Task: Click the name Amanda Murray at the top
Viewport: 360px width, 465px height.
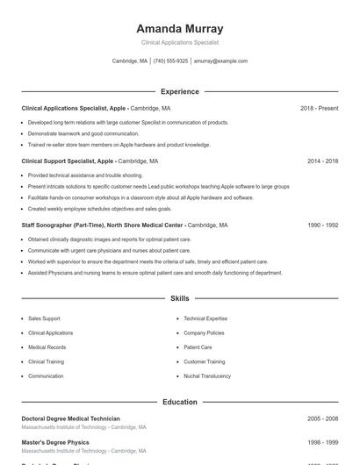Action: click(x=179, y=28)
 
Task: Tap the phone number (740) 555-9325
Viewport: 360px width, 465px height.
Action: click(x=170, y=61)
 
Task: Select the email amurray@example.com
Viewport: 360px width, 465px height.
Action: click(x=221, y=61)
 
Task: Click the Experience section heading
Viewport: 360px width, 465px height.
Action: click(x=179, y=91)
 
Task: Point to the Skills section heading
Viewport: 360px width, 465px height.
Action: click(x=179, y=299)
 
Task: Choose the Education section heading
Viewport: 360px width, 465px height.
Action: click(x=179, y=402)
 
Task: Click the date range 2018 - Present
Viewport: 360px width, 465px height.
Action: click(x=319, y=108)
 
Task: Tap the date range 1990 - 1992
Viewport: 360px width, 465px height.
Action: click(x=322, y=225)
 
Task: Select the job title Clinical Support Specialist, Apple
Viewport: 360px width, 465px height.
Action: click(x=68, y=161)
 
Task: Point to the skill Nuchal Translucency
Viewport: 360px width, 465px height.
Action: click(x=207, y=376)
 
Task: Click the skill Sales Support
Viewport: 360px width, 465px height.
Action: click(x=44, y=318)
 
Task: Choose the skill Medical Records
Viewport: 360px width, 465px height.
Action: click(x=47, y=347)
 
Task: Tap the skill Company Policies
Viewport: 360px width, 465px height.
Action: click(x=204, y=333)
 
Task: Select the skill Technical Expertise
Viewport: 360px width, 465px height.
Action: click(x=205, y=318)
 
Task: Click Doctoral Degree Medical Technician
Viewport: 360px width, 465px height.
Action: click(x=70, y=418)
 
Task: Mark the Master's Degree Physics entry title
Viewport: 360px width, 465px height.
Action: click(x=54, y=442)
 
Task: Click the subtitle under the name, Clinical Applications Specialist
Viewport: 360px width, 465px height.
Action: click(x=179, y=42)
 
